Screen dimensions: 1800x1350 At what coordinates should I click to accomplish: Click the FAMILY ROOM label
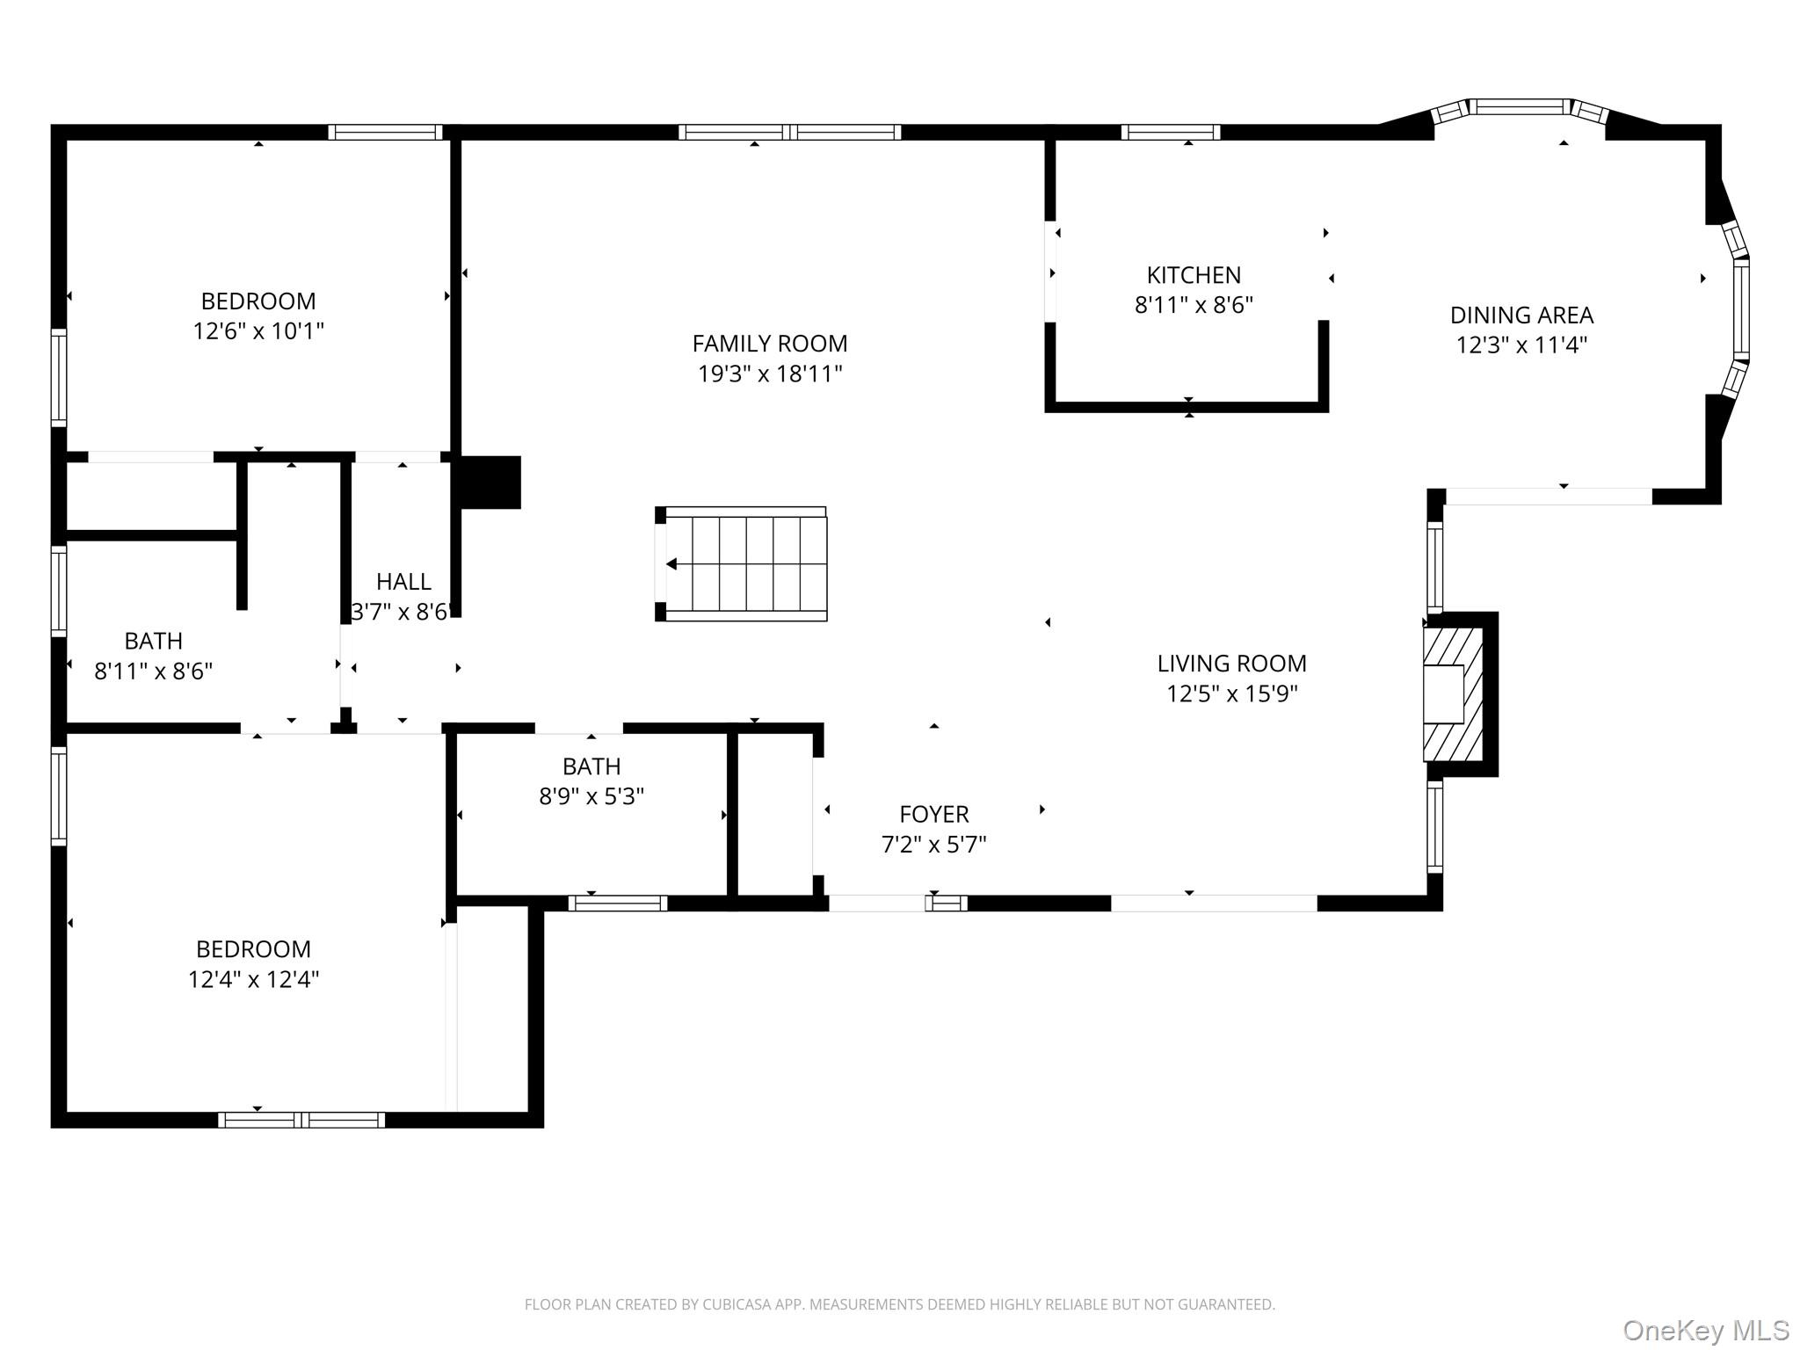tap(770, 344)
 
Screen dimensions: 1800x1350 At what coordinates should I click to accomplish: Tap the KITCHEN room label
tap(1194, 275)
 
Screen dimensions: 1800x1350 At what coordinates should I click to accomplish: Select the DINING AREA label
tap(1521, 315)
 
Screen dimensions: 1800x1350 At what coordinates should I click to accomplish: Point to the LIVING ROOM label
tap(1231, 664)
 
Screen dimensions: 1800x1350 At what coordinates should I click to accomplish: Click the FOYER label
tap(933, 814)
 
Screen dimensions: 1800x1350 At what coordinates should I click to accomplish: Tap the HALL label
tap(403, 582)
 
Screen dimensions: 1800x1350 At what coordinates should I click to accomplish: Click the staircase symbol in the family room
tap(741, 564)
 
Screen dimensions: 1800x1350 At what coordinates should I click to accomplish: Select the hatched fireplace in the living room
tap(1454, 693)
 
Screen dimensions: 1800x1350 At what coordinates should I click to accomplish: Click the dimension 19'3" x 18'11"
tap(770, 374)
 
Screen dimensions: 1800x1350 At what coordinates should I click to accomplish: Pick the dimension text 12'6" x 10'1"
tap(258, 331)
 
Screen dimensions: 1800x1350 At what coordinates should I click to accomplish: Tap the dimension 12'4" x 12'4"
tap(253, 979)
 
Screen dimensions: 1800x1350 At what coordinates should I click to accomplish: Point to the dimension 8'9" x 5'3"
tap(592, 796)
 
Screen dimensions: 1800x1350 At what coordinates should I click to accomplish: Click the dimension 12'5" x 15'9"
tap(1231, 694)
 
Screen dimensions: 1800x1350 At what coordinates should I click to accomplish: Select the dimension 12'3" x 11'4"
tap(1521, 345)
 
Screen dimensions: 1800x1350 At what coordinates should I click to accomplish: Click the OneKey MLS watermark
tap(1705, 1330)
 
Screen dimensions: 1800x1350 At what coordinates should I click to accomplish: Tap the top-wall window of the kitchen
tap(1170, 133)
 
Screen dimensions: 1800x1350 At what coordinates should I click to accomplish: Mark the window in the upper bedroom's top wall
tap(385, 133)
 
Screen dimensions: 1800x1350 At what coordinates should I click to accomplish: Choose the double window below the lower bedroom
tap(301, 1120)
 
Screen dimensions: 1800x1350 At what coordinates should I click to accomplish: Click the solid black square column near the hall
tap(490, 482)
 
